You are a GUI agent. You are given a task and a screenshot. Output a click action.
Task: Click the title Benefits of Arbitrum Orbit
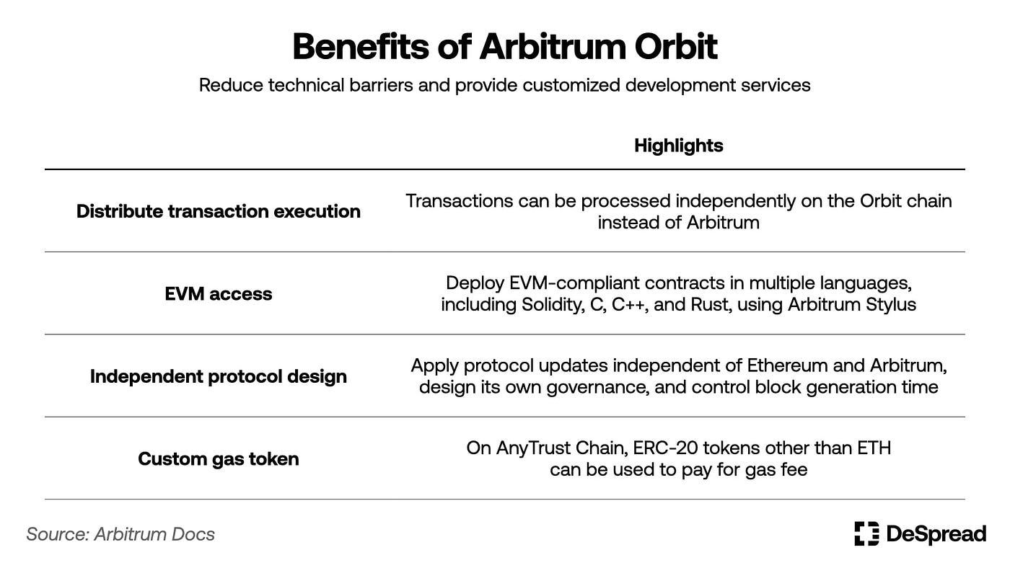point(505,47)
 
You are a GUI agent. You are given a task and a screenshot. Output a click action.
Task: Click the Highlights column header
point(678,146)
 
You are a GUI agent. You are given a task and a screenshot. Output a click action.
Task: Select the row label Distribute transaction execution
point(219,211)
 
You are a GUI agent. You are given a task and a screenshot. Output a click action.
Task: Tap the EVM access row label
point(219,293)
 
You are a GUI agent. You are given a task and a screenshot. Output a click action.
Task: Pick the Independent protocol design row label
point(219,376)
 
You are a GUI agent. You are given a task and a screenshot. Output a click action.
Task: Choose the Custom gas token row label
point(219,459)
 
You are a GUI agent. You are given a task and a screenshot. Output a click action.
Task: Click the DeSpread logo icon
point(866,533)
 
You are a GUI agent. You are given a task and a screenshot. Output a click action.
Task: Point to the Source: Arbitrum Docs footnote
point(120,534)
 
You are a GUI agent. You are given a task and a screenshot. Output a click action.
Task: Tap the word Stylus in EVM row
point(892,304)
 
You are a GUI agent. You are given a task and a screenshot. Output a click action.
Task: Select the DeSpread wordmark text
point(936,534)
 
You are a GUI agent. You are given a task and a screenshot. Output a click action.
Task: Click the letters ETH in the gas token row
point(874,448)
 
